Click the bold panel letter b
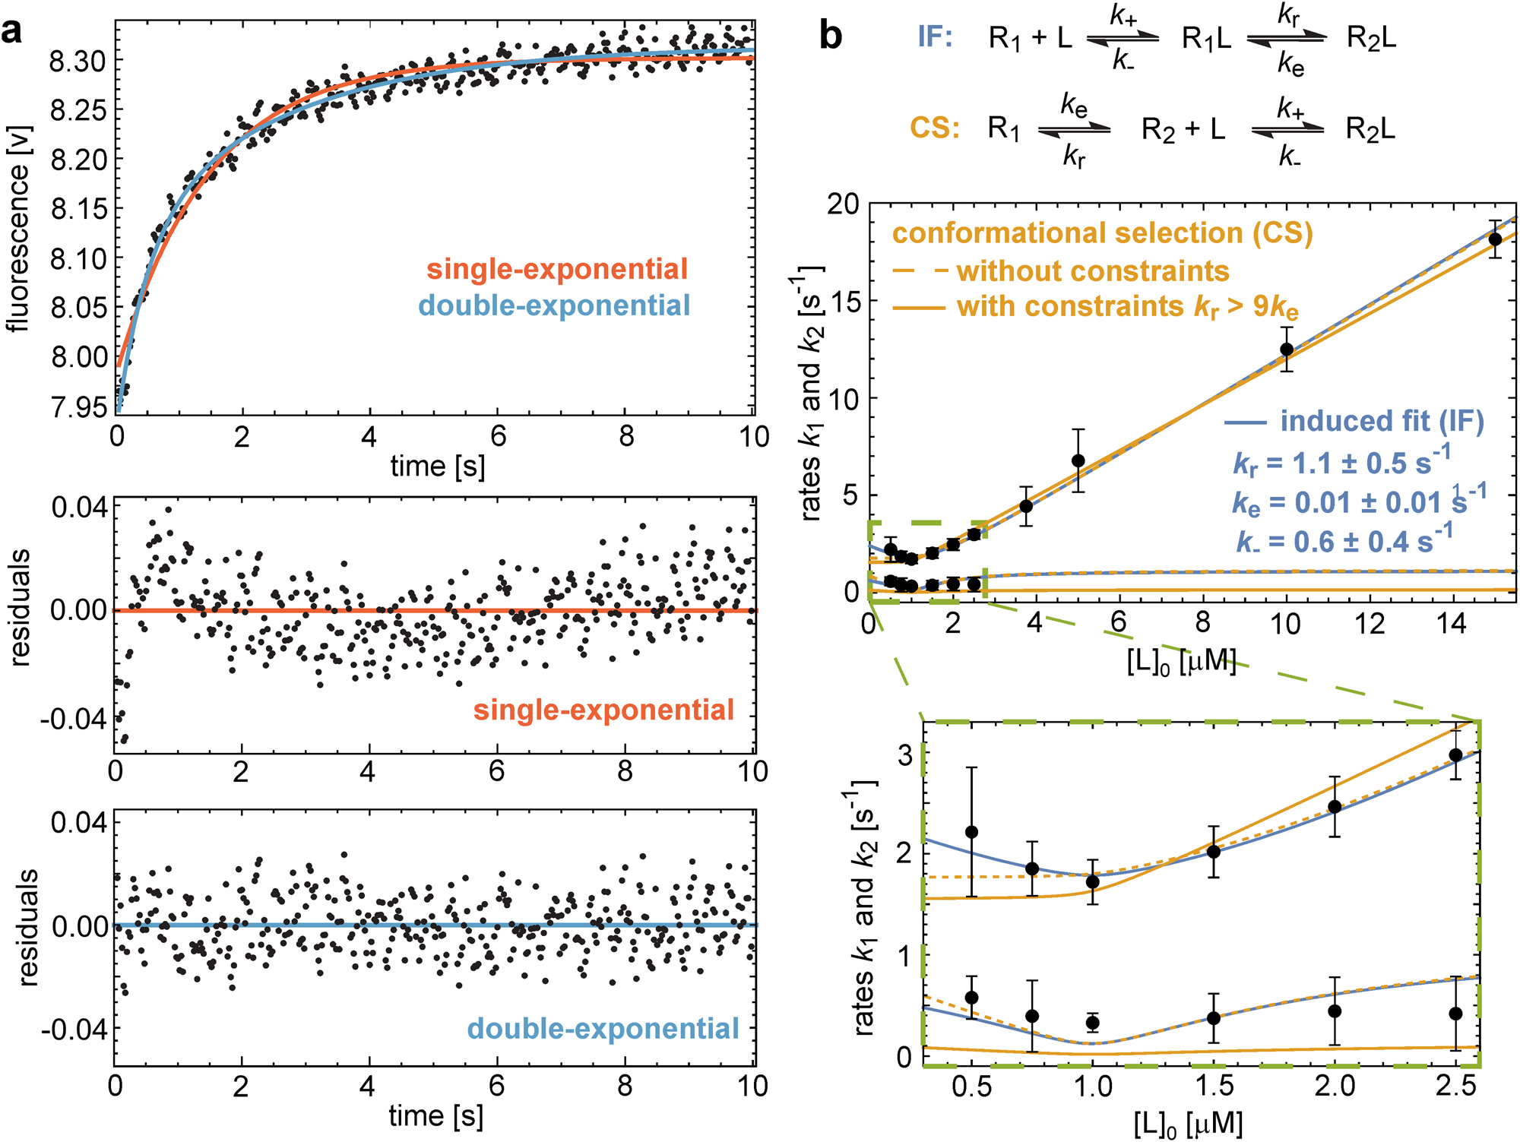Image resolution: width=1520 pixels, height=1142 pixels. (x=831, y=36)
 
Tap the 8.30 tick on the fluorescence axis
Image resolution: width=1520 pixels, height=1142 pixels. (x=78, y=61)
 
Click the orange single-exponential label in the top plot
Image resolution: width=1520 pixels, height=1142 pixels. (x=556, y=269)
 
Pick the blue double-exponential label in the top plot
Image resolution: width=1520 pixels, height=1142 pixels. (x=554, y=305)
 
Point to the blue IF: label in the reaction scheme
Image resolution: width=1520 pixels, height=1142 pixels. (x=934, y=36)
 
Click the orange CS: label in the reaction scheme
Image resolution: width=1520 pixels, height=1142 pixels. (x=934, y=128)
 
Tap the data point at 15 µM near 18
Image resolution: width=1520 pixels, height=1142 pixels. (x=1495, y=239)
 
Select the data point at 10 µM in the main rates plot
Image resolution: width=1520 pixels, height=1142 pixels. (x=1287, y=350)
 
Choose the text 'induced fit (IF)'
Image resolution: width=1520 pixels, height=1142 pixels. (x=1382, y=421)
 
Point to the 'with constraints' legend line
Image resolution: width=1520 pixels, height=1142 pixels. (x=919, y=308)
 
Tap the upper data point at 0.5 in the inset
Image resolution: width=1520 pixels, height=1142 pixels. (x=971, y=832)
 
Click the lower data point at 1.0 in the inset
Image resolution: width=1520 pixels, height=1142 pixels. (x=1093, y=1023)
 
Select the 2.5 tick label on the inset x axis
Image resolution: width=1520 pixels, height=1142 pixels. (x=1455, y=1087)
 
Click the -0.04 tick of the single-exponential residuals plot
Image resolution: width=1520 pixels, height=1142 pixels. (x=74, y=719)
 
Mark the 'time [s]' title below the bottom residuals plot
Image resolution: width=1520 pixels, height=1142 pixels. (x=435, y=1115)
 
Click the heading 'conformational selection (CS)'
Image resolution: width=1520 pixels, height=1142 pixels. (x=1102, y=233)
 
